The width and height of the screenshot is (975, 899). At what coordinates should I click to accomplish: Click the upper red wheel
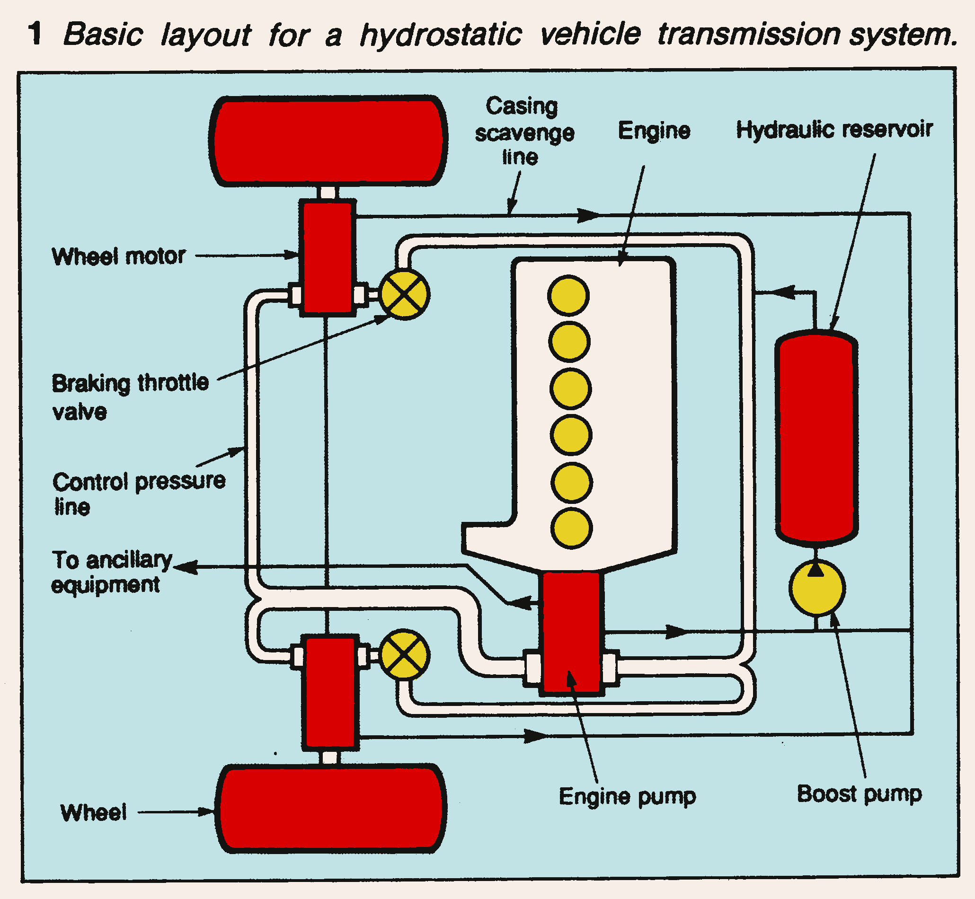pos(328,141)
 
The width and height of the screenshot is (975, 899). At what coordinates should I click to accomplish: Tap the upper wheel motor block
pos(328,258)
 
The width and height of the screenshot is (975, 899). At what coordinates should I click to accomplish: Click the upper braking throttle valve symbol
pos(404,294)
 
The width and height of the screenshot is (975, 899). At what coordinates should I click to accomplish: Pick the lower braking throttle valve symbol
pos(404,654)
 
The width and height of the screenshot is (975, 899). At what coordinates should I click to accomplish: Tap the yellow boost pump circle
pos(817,588)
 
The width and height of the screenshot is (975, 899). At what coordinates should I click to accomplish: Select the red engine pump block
pos(571,633)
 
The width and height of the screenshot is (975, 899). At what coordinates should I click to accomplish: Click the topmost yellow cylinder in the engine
pos(568,295)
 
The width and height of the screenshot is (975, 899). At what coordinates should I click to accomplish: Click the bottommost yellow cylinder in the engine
pos(572,529)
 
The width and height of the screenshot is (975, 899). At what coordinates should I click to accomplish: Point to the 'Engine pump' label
pos(627,797)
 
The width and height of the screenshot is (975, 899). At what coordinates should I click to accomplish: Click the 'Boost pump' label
pos(859,794)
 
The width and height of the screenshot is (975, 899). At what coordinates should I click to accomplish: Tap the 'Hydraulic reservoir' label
pos(834,129)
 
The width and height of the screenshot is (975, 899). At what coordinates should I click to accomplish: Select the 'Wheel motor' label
pos(119,256)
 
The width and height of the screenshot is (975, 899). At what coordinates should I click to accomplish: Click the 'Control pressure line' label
pos(138,494)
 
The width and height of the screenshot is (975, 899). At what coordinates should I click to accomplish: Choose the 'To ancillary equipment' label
pos(112,572)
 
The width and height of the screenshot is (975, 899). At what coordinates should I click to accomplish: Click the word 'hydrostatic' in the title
pos(441,35)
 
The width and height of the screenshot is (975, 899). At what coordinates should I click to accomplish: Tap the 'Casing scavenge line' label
pos(523,132)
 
